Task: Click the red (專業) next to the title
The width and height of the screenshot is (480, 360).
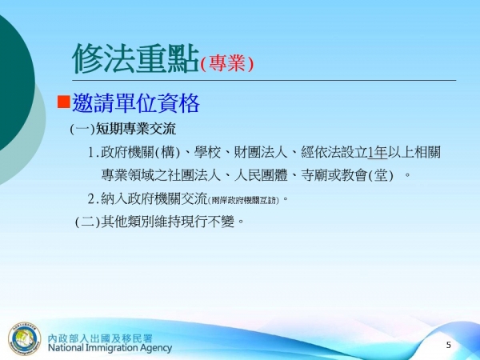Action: point(227,64)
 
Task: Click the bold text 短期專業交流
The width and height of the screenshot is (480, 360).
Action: point(135,129)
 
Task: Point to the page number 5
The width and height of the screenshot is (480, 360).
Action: point(448,345)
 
